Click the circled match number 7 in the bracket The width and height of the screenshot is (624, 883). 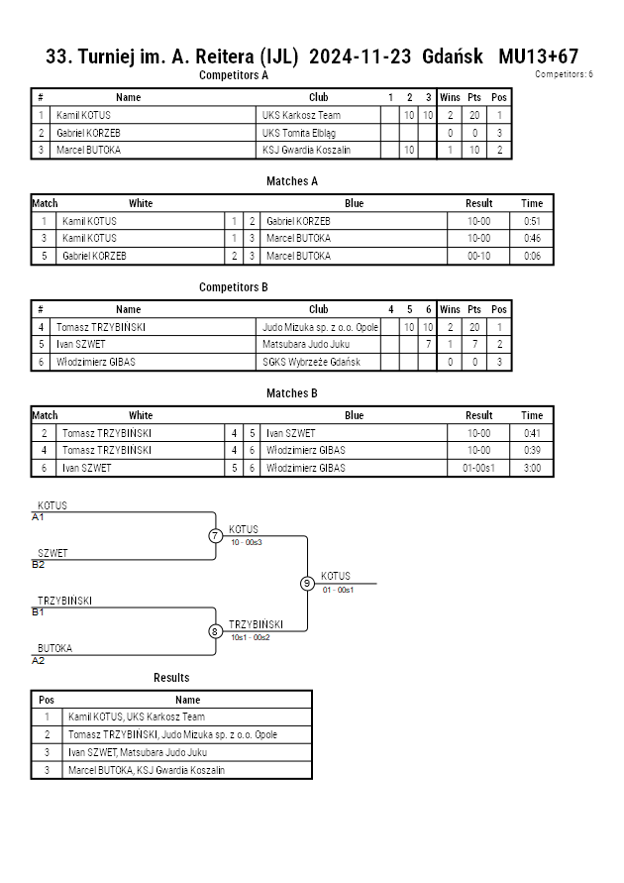(x=215, y=535)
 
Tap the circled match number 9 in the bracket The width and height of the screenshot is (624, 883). (x=307, y=584)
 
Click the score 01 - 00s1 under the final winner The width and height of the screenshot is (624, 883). (x=338, y=590)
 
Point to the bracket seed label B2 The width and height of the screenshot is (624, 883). (x=39, y=564)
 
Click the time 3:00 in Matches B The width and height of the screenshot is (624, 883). (x=532, y=468)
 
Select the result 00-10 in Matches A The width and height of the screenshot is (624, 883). (x=478, y=256)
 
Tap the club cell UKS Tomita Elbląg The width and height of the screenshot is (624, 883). (x=299, y=133)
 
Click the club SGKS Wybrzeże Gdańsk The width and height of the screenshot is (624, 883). (x=311, y=362)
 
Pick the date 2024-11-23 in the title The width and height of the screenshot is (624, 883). (x=361, y=56)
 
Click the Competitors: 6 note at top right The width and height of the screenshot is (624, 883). (x=564, y=73)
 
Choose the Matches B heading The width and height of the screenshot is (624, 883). (x=292, y=393)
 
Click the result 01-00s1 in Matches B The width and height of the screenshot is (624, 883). (x=478, y=468)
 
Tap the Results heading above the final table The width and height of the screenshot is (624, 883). (x=171, y=678)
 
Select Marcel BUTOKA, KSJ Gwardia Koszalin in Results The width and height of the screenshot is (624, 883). (x=147, y=770)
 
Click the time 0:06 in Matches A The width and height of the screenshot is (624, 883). (x=532, y=256)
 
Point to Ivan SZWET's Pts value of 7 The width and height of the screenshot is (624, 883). (x=474, y=344)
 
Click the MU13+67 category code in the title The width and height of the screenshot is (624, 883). (x=539, y=56)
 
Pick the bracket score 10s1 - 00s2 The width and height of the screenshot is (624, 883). (x=251, y=637)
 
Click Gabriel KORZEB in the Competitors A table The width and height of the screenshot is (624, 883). (x=88, y=133)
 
